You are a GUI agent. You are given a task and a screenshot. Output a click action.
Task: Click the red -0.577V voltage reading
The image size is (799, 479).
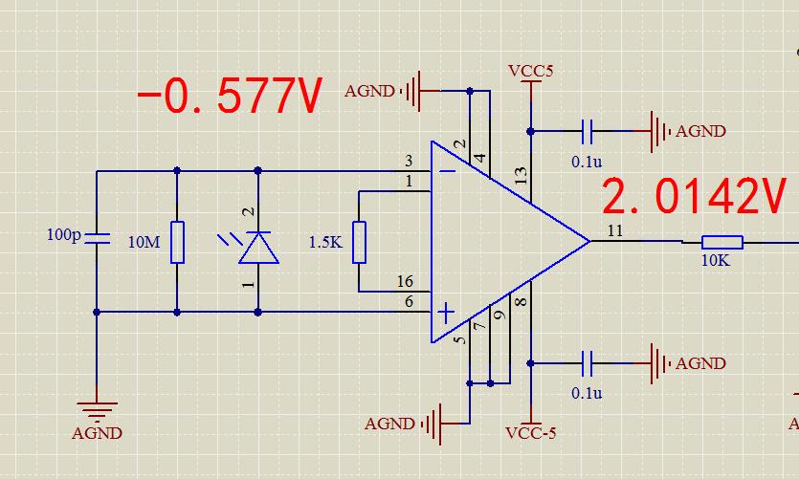[x=230, y=96]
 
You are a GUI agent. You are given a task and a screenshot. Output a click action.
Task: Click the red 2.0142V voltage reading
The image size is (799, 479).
[x=694, y=196]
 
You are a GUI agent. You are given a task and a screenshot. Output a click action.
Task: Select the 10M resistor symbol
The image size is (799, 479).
[x=177, y=242]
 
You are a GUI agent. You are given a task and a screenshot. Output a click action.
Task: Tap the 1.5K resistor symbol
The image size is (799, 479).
[x=359, y=242]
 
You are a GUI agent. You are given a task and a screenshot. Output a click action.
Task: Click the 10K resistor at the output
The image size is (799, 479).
[x=722, y=242]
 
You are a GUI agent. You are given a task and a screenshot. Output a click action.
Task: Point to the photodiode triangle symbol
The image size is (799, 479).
[x=258, y=248]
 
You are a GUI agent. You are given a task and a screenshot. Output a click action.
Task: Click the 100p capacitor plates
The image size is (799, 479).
[x=97, y=238]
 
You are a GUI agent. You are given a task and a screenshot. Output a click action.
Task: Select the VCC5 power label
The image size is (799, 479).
[x=530, y=71]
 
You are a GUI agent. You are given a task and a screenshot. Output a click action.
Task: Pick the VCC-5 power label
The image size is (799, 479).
[x=530, y=433]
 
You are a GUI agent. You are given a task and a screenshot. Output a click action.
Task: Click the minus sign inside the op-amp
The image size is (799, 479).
[x=447, y=171]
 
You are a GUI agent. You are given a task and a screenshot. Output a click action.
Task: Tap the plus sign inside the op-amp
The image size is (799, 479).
[x=446, y=313]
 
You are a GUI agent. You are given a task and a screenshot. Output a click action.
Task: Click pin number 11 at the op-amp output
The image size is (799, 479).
[x=615, y=231]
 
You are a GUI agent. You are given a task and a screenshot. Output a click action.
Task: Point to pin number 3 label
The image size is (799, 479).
[x=409, y=161]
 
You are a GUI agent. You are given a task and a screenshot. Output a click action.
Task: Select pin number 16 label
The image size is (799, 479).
[x=405, y=281]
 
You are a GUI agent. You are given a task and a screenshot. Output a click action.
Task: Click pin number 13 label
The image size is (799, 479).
[x=521, y=176]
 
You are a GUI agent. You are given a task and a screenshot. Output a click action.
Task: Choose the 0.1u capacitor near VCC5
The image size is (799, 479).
[x=588, y=131]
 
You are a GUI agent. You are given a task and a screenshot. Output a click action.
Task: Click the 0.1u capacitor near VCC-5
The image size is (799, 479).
[x=588, y=363]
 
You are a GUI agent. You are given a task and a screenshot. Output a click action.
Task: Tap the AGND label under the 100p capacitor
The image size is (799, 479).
[x=98, y=433]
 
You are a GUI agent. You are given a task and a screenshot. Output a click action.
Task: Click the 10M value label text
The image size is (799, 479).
[x=144, y=242]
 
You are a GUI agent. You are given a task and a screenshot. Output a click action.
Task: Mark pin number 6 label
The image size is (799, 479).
[x=409, y=302]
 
